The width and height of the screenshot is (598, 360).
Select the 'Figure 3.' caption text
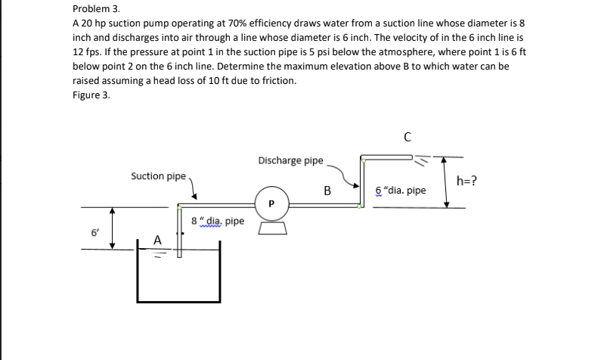point(91,95)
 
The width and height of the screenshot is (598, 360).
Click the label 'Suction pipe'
point(158,176)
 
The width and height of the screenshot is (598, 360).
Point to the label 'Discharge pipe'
point(290,160)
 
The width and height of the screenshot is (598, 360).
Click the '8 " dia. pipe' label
point(218,222)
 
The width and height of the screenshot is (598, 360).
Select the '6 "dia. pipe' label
point(401,191)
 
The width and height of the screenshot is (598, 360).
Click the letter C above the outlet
point(407,137)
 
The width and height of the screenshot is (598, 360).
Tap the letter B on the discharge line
point(327,191)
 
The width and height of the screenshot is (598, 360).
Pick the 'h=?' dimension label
point(466,180)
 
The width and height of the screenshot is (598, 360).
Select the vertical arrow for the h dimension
point(447,182)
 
